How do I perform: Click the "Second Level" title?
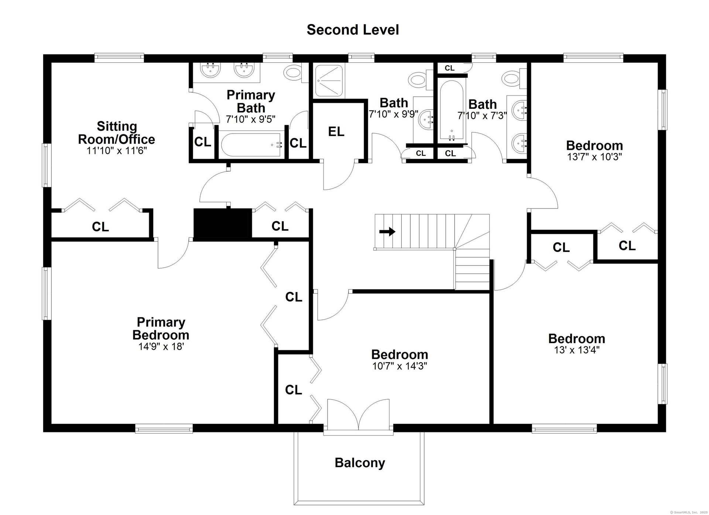tap(353, 30)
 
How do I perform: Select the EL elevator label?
tap(336, 131)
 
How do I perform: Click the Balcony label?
tap(360, 463)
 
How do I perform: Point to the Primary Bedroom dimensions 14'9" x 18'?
tap(161, 346)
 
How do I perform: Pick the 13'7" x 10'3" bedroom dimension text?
tap(595, 156)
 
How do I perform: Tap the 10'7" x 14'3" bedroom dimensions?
tap(400, 366)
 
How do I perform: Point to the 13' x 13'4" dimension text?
tap(576, 350)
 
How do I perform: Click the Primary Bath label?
tap(251, 101)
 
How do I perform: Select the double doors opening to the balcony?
tap(358, 414)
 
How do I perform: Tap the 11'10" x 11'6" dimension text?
tap(117, 151)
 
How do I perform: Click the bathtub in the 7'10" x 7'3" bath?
tap(452, 111)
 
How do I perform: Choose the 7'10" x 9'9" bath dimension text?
tap(394, 114)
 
